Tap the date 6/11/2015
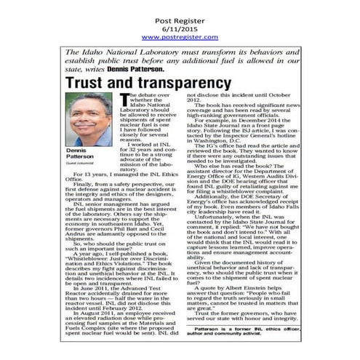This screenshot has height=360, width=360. point(179,23)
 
